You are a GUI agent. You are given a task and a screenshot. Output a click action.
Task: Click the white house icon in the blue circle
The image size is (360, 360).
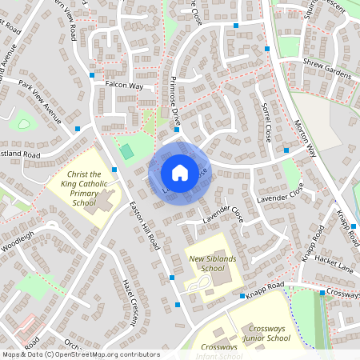click(x=179, y=172)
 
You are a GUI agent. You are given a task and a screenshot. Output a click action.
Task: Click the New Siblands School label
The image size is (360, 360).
click(x=206, y=264)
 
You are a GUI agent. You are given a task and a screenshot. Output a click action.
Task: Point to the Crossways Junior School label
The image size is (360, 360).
click(x=257, y=334)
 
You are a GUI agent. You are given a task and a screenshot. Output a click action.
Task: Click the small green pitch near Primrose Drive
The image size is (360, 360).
click(x=126, y=151)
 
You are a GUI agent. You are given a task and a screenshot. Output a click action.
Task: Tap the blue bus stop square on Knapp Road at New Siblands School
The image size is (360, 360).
click(x=242, y=296)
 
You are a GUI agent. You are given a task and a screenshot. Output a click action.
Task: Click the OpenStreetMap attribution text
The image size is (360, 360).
click(x=80, y=354)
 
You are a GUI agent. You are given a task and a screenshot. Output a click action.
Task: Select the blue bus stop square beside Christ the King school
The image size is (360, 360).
click(x=115, y=170)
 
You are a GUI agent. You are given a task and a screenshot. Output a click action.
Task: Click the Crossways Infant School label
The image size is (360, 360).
click(x=220, y=348)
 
